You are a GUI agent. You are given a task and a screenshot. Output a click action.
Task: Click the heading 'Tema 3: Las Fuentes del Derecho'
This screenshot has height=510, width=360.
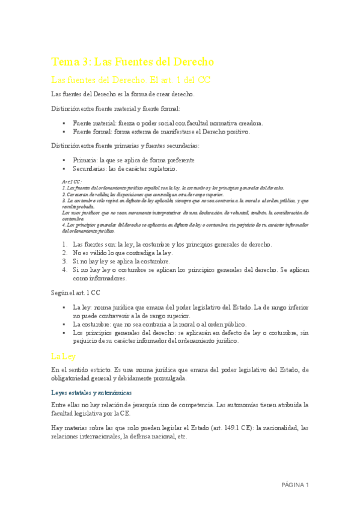[133, 62]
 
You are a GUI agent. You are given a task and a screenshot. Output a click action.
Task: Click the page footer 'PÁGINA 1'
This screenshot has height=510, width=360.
[294, 485]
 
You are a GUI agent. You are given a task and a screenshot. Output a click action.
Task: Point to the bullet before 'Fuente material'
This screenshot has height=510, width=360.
[63, 122]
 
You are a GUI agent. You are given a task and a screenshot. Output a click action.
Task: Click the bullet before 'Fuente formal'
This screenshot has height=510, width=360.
[63, 131]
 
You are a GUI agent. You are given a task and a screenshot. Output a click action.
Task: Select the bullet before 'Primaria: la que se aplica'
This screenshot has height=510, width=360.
[63, 161]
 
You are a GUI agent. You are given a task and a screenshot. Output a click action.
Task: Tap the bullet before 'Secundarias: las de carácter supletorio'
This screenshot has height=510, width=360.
[63, 170]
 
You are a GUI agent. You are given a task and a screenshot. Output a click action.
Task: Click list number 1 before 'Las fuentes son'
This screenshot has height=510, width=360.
[65, 244]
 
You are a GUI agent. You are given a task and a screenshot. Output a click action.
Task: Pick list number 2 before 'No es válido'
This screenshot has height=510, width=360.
[65, 253]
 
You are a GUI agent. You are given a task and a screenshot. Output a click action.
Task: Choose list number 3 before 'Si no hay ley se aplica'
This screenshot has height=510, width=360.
[65, 262]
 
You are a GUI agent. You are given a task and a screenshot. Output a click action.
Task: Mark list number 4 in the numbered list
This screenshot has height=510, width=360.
[65, 270]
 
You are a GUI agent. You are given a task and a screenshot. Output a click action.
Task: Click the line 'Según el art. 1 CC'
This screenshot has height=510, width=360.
[76, 293]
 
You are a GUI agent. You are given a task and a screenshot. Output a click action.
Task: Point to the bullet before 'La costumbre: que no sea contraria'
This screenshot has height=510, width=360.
[63, 324]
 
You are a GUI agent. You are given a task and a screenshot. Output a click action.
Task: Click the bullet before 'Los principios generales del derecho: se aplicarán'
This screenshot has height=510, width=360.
[63, 333]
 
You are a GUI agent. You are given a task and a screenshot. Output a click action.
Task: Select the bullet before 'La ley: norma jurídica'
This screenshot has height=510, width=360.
[63, 307]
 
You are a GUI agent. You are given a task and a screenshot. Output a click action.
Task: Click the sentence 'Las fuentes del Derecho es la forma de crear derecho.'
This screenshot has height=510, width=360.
[123, 94]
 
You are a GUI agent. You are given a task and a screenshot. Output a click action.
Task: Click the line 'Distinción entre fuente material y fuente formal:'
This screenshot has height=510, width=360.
[115, 109]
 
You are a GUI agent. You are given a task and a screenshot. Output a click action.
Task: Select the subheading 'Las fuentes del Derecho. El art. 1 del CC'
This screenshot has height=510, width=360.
[130, 80]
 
